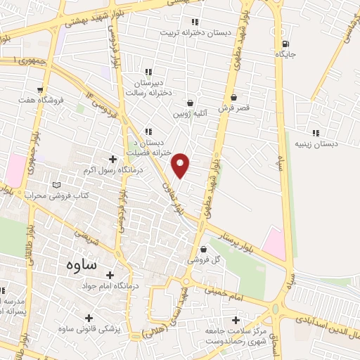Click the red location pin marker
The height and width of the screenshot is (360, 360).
pos(181,165)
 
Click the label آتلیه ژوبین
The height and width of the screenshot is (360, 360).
pos(191,112)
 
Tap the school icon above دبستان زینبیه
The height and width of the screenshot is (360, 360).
pos(316,132)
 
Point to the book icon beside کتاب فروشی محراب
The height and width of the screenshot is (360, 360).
pos(57,185)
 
